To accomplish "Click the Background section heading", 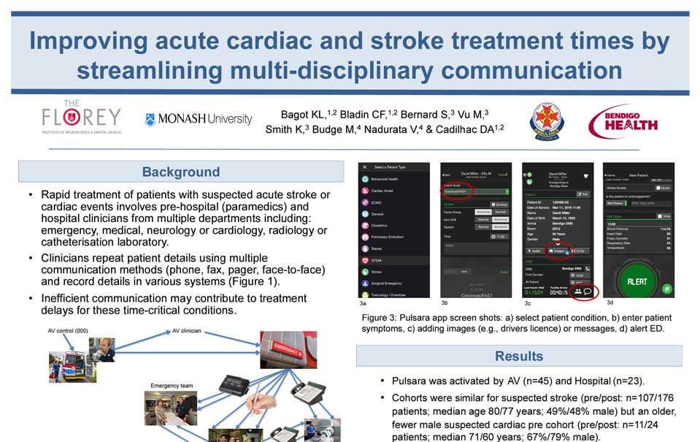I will coord(180,172).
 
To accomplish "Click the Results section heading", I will coord(518,356).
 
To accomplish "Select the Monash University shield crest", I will coord(150,119).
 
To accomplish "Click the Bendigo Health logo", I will coord(623,122).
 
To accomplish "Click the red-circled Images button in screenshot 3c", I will coord(560,250).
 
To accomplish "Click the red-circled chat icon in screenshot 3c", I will coord(588,291).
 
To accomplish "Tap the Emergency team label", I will coord(170,385).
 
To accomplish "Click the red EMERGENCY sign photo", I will coord(285,350).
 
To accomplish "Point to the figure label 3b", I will coord(444,302).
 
